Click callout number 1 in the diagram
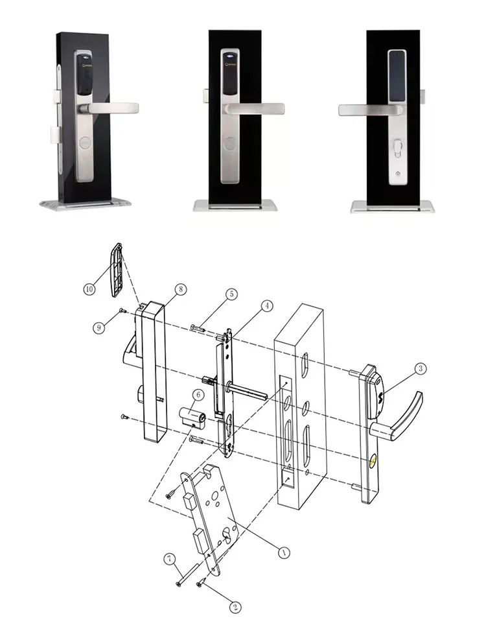coord(283,552)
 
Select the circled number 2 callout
coord(236,608)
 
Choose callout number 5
coord(230,294)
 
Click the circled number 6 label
coord(199,394)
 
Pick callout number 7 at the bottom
coord(170,558)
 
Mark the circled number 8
coord(180,288)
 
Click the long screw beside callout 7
coord(185,574)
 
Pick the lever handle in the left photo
coord(117,105)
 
